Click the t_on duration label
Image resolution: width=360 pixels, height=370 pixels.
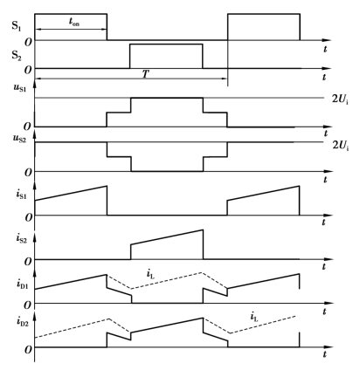(74, 22)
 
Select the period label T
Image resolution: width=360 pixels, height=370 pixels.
(146, 74)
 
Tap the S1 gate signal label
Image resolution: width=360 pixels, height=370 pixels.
(17, 25)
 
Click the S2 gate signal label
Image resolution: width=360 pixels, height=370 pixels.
(17, 55)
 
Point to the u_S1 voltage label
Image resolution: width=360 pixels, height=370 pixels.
(20, 87)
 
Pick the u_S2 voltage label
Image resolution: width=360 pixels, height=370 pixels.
(20, 138)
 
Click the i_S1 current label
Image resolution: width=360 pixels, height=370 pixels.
(22, 195)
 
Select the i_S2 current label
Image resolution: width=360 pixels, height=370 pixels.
(22, 238)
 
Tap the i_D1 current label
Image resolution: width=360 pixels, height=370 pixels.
(22, 284)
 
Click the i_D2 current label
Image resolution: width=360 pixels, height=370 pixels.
(22, 321)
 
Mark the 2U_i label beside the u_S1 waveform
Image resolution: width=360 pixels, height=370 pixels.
(341, 99)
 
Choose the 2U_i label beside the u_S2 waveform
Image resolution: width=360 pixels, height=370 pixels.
(341, 145)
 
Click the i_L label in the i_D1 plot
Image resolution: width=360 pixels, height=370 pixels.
(150, 274)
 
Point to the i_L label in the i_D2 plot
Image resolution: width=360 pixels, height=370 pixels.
(254, 317)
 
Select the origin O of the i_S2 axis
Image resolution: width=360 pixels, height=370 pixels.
(28, 262)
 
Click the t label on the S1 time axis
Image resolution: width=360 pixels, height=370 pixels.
(325, 49)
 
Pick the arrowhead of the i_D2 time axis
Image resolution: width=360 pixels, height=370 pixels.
(329, 347)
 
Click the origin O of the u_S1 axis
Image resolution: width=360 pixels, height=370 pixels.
(27, 127)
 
